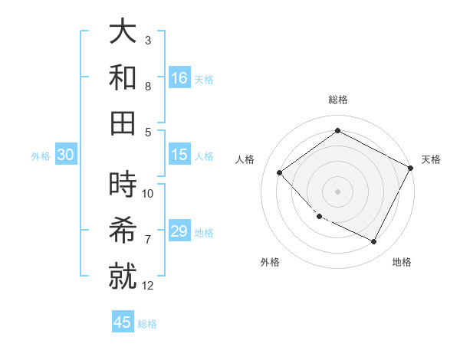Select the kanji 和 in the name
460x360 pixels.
pos(123,77)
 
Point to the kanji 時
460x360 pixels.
pos(123,185)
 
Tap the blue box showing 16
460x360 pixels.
pos(179,77)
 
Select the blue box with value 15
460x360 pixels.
pos(179,155)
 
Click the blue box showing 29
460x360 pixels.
pos(179,231)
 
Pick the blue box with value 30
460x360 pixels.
pos(65,155)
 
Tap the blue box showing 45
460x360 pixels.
pos(123,322)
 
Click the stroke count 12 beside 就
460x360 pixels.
pos(148,286)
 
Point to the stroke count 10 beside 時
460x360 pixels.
pos(148,193)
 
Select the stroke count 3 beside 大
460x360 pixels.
pos(148,40)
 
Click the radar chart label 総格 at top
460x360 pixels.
pos(337,100)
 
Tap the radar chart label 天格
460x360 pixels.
pos(431,159)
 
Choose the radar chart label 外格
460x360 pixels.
pos(270,262)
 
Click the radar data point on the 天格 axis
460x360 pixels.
pos(411,168)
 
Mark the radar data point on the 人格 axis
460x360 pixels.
pos(280,173)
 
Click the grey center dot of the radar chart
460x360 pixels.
pos(337,191)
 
